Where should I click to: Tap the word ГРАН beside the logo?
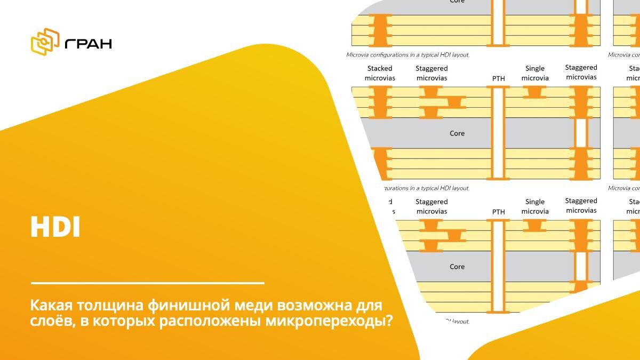(x=88, y=43)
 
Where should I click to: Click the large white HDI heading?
(x=55, y=228)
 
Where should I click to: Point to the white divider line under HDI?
(x=148, y=283)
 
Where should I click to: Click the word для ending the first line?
(x=367, y=306)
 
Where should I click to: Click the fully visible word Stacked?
(x=380, y=68)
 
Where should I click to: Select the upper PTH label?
(x=498, y=78)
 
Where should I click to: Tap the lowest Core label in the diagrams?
(x=457, y=267)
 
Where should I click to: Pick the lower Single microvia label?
(x=535, y=206)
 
